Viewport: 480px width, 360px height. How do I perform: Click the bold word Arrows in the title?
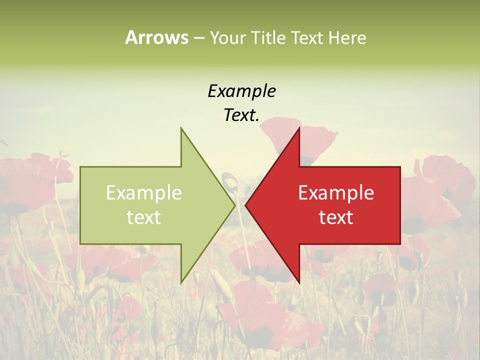(x=157, y=37)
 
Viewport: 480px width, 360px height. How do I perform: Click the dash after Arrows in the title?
(x=199, y=38)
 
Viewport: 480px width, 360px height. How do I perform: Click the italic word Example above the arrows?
(x=241, y=91)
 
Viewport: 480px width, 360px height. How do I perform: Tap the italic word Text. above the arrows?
(x=241, y=115)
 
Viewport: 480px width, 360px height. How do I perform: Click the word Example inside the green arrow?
(x=144, y=193)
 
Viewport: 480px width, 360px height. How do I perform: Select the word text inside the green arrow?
(x=144, y=217)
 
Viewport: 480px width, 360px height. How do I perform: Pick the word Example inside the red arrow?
(x=336, y=193)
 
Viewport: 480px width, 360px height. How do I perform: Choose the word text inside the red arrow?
(x=336, y=217)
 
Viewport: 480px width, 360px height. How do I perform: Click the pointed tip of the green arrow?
(x=234, y=205)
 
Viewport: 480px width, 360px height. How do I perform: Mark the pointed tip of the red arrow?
(x=246, y=205)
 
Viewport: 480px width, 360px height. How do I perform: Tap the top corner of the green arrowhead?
(x=181, y=128)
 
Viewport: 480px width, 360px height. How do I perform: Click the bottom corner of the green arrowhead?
(x=181, y=282)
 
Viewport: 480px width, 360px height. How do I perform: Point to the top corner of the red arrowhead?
(x=299, y=128)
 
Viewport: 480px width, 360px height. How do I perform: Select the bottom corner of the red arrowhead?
(x=299, y=282)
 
